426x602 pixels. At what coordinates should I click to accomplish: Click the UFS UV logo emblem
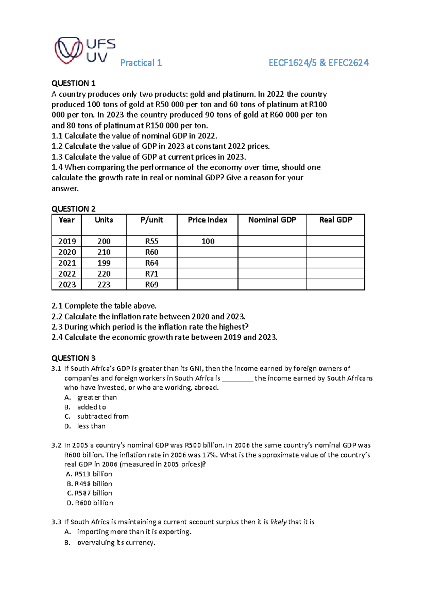pyautogui.click(x=69, y=50)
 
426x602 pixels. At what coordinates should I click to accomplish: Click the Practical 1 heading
pyautogui.click(x=141, y=63)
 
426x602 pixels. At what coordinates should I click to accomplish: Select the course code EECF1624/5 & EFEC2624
pyautogui.click(x=318, y=63)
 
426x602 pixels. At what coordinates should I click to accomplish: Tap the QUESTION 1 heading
pyautogui.click(x=73, y=83)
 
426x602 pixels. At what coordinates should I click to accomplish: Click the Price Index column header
pyautogui.click(x=207, y=220)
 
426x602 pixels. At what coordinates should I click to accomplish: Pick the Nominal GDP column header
pyautogui.click(x=272, y=220)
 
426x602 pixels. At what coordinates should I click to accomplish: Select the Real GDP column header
pyautogui.click(x=335, y=220)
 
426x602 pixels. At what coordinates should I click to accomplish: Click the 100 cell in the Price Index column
pyautogui.click(x=208, y=241)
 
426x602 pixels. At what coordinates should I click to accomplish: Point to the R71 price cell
pyautogui.click(x=152, y=274)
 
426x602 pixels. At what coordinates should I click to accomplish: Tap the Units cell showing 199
pyautogui.click(x=104, y=263)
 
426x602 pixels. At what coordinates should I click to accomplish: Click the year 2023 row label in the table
pyautogui.click(x=67, y=285)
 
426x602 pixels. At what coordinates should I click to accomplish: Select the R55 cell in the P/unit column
pyautogui.click(x=152, y=241)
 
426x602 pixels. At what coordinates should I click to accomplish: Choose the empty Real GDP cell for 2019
pyautogui.click(x=335, y=241)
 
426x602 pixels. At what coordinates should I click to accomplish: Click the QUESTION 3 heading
pyautogui.click(x=73, y=358)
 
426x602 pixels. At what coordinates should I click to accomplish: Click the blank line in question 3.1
pyautogui.click(x=237, y=379)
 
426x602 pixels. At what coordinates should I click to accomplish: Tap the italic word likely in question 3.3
pyautogui.click(x=278, y=522)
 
